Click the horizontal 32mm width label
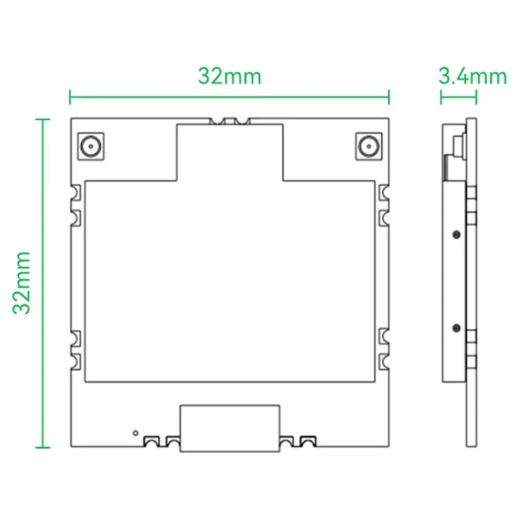[229, 76]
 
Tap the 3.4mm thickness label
[472, 76]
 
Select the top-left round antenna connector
[90, 146]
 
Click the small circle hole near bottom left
[135, 432]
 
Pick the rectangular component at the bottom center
[229, 428]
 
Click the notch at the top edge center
[229, 121]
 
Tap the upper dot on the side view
[454, 233]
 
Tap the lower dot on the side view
[454, 325]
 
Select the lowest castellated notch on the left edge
[76, 360]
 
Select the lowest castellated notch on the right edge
[384, 360]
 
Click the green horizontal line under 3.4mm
[458, 97]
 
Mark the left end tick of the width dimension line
[71, 97]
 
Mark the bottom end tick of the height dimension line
[43, 447]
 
